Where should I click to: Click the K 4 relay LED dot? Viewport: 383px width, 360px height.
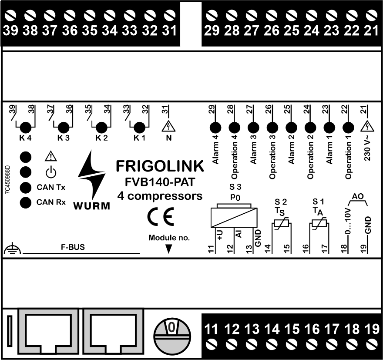point(26,128)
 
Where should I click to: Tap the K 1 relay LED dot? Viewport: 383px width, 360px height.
point(139,128)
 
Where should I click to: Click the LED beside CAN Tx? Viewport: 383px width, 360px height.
point(26,188)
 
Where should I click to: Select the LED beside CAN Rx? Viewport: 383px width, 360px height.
point(26,202)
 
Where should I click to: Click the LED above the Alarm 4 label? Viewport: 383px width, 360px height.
point(215,128)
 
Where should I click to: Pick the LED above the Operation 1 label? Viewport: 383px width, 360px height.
point(348,128)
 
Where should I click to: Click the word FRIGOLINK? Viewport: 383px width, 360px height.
point(160,166)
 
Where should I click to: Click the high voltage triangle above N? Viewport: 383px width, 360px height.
point(168,126)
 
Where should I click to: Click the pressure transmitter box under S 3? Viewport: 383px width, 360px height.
point(235,216)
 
